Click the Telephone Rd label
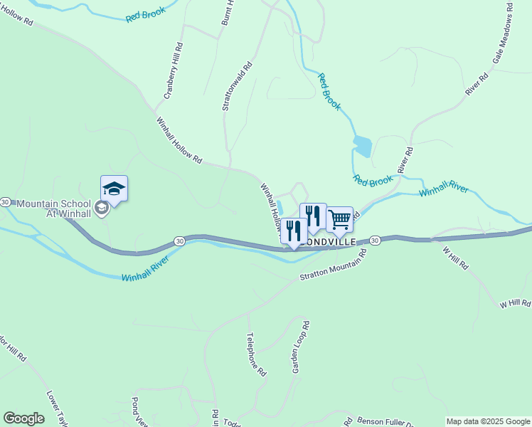(x=256, y=354)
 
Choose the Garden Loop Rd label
(x=300, y=347)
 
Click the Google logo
(x=23, y=418)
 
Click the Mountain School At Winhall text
(x=54, y=209)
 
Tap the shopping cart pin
(x=339, y=219)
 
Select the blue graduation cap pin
(x=114, y=189)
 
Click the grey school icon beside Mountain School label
(x=102, y=208)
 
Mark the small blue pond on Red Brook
(x=362, y=146)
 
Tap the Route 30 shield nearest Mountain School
(x=5, y=202)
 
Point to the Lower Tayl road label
(x=58, y=406)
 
